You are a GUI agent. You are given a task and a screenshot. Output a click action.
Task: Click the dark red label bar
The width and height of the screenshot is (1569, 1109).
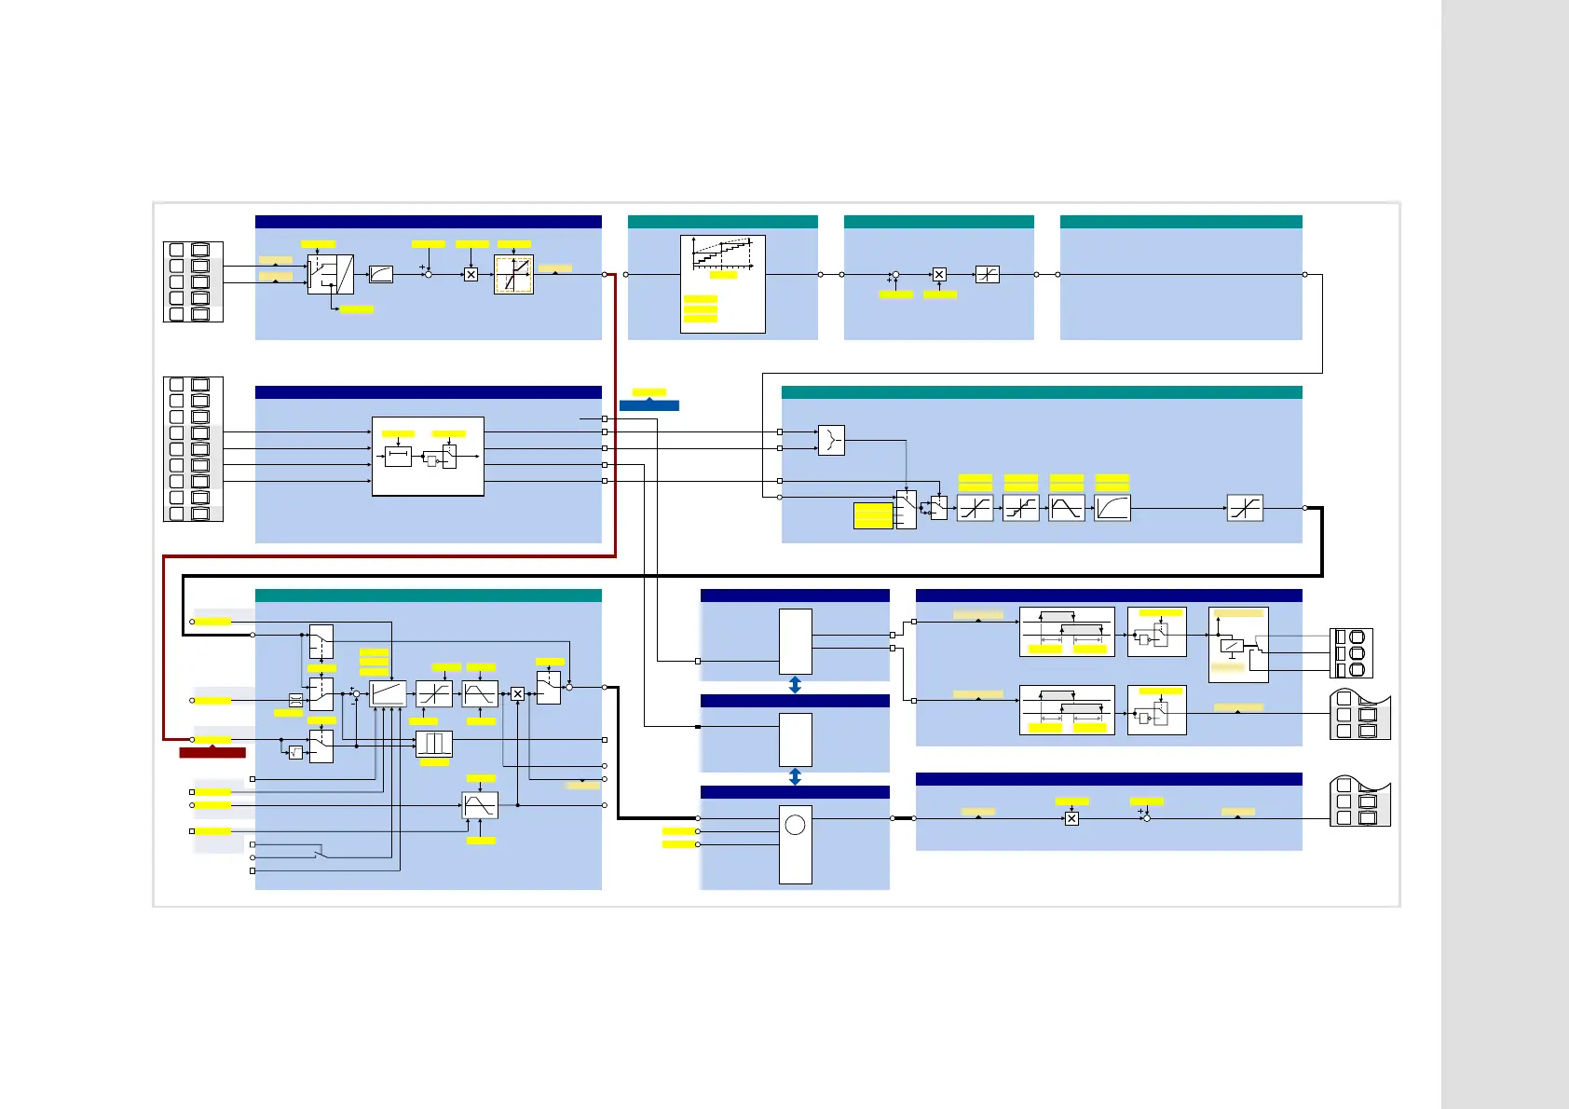pos(212,752)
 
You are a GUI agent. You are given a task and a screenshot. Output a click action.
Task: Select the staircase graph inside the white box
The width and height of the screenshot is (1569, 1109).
pos(722,253)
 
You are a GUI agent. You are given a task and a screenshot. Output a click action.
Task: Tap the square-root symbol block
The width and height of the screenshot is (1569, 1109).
pos(295,752)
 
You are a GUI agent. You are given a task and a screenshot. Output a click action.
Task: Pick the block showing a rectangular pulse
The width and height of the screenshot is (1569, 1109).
pos(434,744)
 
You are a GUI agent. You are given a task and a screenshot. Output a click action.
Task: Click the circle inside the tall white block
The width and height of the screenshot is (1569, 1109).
pos(795,825)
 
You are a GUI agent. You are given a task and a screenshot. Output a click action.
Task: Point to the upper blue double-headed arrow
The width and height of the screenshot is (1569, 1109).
pos(795,685)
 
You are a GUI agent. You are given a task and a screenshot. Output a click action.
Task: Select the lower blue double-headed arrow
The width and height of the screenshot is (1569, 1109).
pos(795,776)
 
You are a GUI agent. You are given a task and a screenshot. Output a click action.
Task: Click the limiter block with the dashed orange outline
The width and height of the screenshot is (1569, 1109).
pos(513,275)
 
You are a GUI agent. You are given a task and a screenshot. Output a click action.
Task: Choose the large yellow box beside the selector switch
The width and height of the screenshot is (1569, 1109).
pos(873,515)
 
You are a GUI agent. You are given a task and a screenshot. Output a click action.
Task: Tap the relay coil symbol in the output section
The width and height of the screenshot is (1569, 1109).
pos(1232,645)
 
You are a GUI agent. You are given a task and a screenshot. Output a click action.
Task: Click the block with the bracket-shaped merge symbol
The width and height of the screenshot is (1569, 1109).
pos(831,440)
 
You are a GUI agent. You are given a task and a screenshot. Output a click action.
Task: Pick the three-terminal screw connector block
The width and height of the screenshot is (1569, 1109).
pos(1351,652)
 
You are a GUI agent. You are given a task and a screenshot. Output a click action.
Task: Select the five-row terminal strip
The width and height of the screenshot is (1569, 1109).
pos(193,281)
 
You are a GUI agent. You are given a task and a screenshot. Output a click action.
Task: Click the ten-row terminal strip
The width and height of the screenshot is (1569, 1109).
pos(193,449)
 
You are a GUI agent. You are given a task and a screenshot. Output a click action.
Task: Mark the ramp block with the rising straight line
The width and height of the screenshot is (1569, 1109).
pos(388,693)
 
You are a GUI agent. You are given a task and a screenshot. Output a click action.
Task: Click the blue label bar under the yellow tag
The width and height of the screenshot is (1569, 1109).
pos(649,405)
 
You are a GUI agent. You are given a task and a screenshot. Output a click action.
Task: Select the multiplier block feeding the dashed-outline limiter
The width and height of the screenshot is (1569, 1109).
pos(471,275)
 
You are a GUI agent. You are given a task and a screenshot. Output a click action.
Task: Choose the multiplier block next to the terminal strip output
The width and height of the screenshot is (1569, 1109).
pos(1071,819)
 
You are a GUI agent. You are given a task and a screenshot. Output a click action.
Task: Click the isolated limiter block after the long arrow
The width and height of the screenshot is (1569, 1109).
pos(1245,508)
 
